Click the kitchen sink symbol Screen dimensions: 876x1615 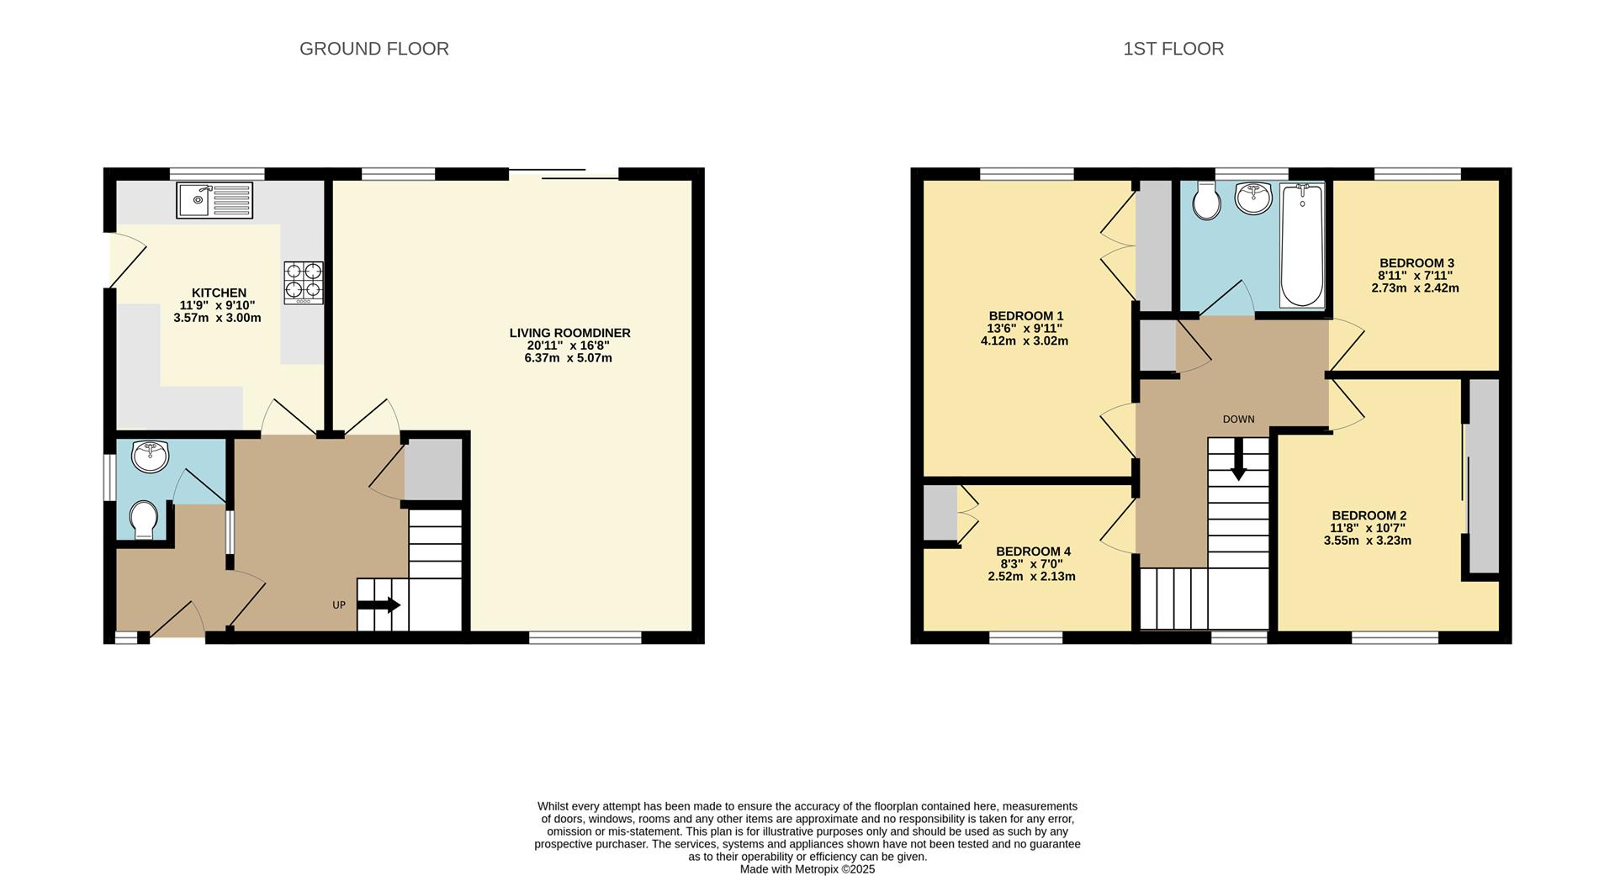point(214,200)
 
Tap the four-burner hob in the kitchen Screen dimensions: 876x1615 point(304,282)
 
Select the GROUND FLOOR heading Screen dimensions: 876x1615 point(374,49)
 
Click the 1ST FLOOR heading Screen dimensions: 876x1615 point(1173,49)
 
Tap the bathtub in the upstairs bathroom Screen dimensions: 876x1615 point(1302,245)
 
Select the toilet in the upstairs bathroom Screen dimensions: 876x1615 point(1207,201)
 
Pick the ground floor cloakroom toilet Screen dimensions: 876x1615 point(146,520)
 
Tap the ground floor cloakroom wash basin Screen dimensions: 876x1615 point(150,456)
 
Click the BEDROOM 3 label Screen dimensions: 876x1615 point(1416,263)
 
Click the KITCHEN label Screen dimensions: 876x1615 point(219,293)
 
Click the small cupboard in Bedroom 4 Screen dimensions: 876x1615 point(940,513)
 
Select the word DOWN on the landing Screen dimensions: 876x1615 point(1238,419)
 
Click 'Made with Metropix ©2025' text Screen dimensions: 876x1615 point(807,869)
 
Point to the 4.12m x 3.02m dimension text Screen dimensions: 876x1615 point(1024,341)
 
